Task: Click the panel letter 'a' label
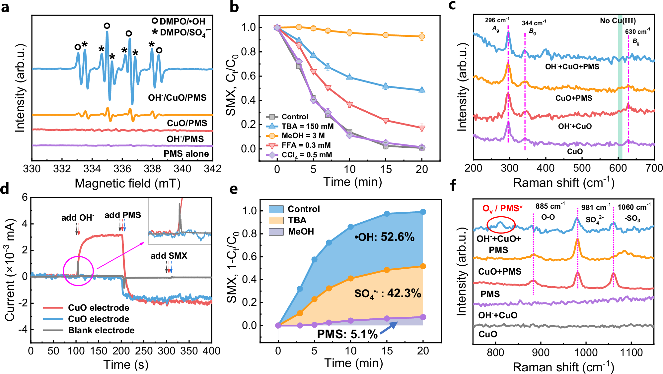(5, 7)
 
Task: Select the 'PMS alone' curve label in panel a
(186, 154)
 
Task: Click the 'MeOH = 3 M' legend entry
(303, 136)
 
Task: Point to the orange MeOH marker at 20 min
(422, 36)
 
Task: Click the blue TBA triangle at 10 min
(349, 77)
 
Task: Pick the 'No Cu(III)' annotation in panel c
(618, 21)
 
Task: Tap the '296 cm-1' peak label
(497, 20)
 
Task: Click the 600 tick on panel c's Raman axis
(618, 168)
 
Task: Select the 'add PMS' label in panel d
(123, 215)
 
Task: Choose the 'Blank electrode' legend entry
(101, 330)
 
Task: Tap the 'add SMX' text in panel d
(169, 256)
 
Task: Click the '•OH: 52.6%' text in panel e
(384, 237)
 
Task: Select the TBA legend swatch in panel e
(276, 220)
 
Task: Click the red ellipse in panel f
(501, 225)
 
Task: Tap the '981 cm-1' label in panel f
(596, 208)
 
